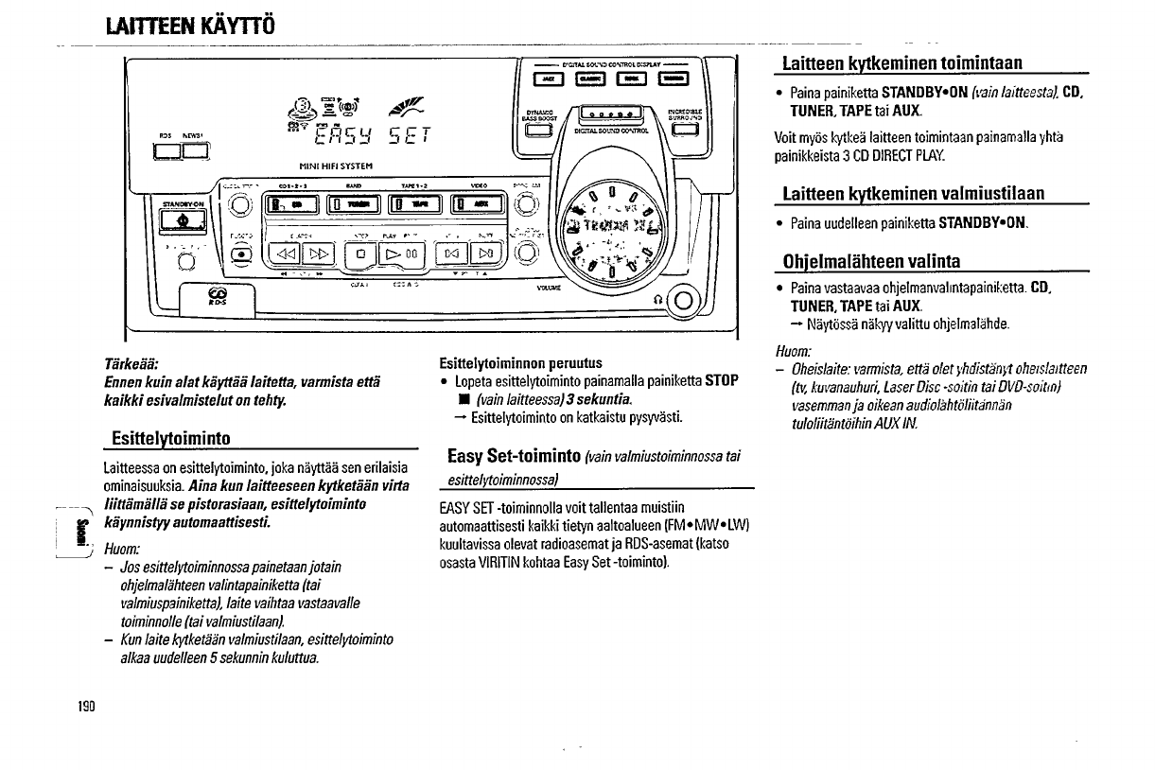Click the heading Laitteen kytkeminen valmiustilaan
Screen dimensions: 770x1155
click(913, 194)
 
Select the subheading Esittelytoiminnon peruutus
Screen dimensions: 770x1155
click(521, 363)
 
